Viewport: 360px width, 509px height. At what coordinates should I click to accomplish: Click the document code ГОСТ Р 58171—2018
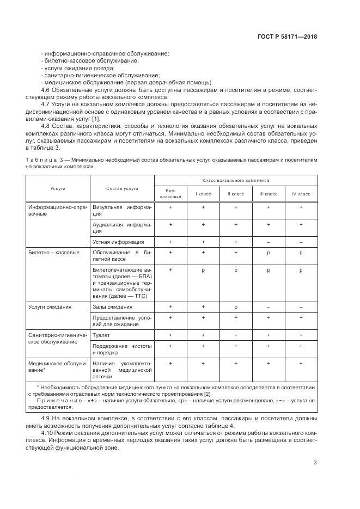point(288,37)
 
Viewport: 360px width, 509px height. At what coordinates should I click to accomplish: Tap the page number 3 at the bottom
point(315,462)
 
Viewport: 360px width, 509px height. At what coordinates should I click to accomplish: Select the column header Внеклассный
point(170,193)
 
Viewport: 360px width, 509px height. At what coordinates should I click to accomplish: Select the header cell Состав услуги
point(122,188)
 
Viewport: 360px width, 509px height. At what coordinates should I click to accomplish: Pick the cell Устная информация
point(118,242)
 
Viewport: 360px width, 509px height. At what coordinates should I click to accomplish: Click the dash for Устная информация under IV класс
point(301,242)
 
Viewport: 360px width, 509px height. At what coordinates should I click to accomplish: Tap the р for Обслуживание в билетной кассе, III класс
point(268,253)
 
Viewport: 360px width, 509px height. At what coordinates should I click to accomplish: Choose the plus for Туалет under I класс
point(203,335)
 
